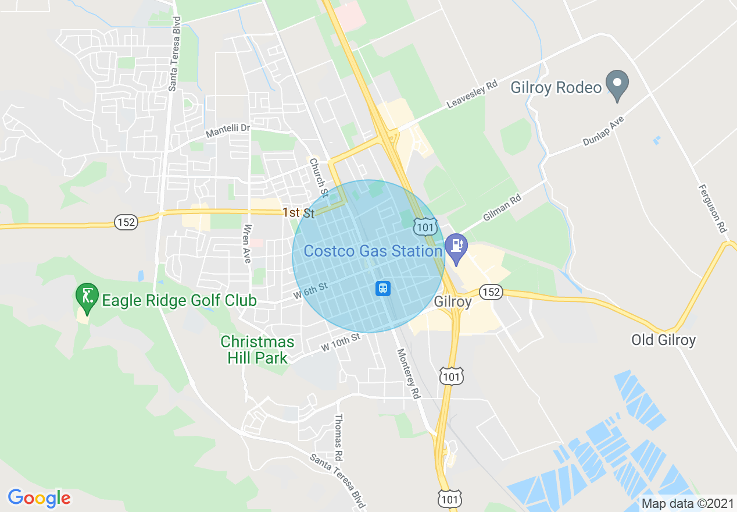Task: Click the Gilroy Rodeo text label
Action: coord(556,88)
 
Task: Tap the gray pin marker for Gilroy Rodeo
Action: coord(617,84)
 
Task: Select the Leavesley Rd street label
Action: coord(472,94)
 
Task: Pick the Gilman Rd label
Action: coord(502,208)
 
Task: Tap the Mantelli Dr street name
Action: coord(227,131)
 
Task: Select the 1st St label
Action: coord(299,213)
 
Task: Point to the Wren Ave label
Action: coord(248,244)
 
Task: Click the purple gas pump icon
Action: coord(456,246)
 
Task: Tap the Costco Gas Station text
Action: coord(373,251)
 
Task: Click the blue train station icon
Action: coord(382,288)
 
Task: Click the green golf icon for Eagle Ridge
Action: coord(87,296)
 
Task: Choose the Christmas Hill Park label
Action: coord(257,349)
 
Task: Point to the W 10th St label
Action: coord(341,342)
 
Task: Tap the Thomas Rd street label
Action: coord(338,438)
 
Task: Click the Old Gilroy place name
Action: coord(663,340)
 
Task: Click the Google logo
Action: coord(39,498)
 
